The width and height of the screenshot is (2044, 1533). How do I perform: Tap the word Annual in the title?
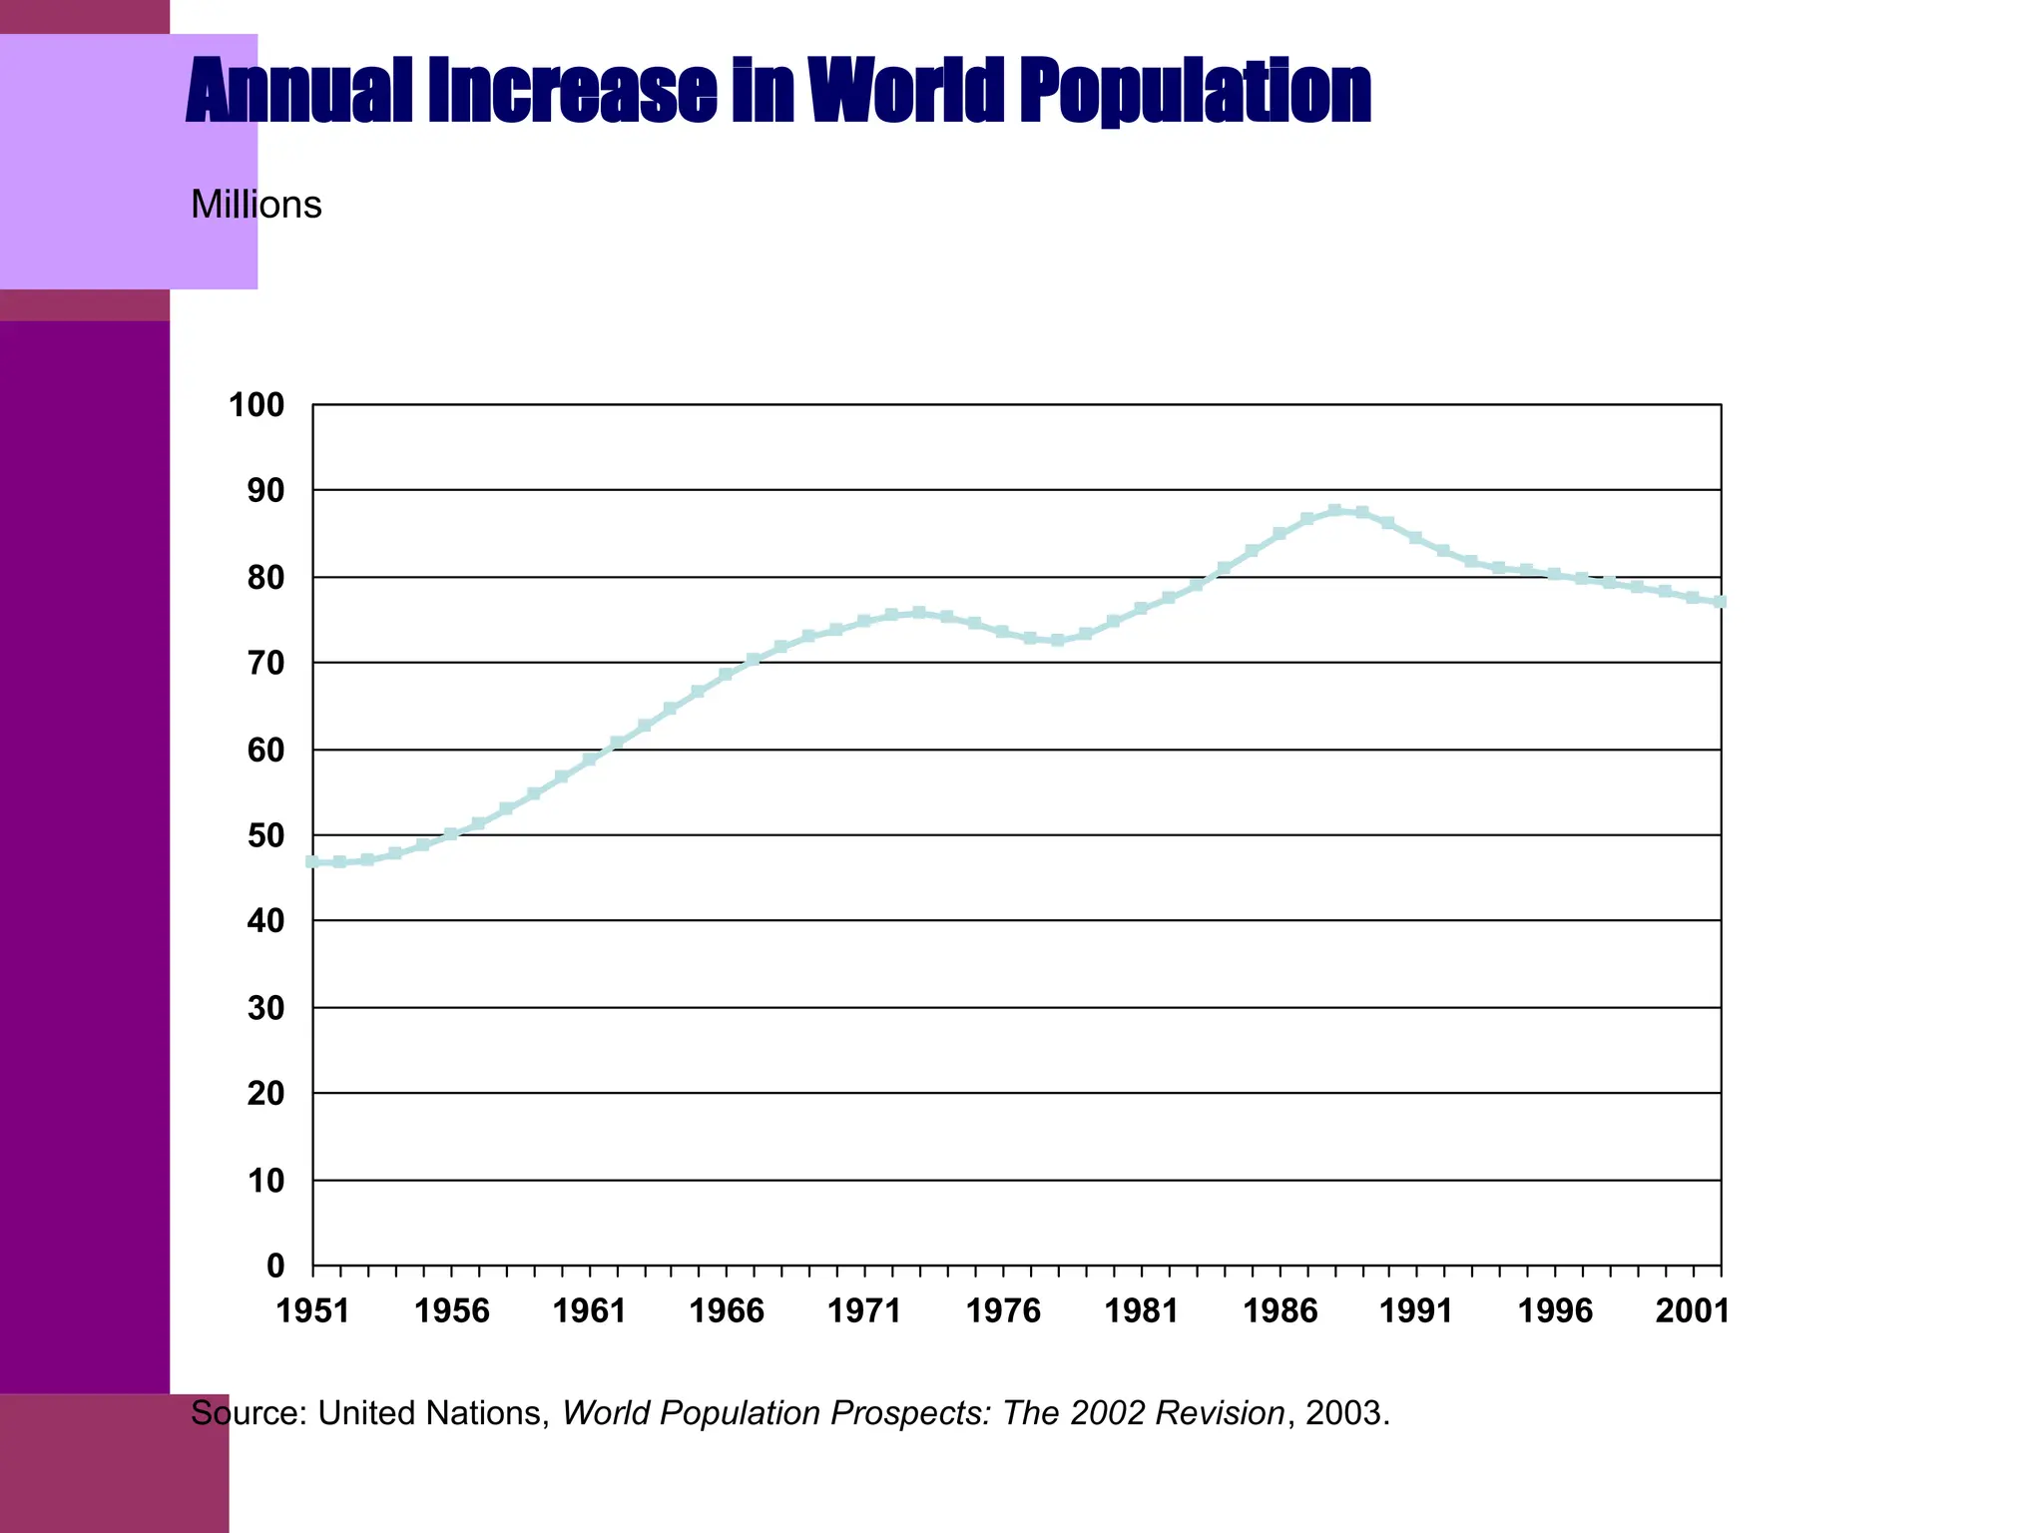click(x=298, y=92)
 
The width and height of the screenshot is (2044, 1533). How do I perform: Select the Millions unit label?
click(x=255, y=205)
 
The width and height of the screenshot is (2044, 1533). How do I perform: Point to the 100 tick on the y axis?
click(x=256, y=405)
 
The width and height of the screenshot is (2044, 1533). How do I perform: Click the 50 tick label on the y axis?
click(x=265, y=835)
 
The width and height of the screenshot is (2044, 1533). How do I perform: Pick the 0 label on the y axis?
click(x=275, y=1267)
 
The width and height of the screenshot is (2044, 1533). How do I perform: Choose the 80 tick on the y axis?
click(x=265, y=578)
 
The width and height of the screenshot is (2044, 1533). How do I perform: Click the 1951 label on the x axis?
click(x=312, y=1310)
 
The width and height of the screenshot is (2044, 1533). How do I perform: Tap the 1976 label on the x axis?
click(x=1003, y=1310)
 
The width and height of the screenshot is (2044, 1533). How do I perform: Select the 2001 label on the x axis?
click(x=1693, y=1310)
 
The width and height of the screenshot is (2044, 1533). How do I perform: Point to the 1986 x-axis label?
click(x=1279, y=1310)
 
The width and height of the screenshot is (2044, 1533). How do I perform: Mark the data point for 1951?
click(x=312, y=861)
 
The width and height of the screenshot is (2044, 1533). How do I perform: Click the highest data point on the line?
click(x=1335, y=510)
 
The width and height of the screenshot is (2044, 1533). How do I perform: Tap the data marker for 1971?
click(x=864, y=621)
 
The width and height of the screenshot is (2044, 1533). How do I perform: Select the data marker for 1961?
click(x=589, y=760)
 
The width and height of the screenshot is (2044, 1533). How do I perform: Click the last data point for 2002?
click(x=1721, y=602)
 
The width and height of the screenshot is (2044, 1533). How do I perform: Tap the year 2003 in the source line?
click(x=1343, y=1413)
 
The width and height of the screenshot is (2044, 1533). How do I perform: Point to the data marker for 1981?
click(x=1141, y=609)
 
